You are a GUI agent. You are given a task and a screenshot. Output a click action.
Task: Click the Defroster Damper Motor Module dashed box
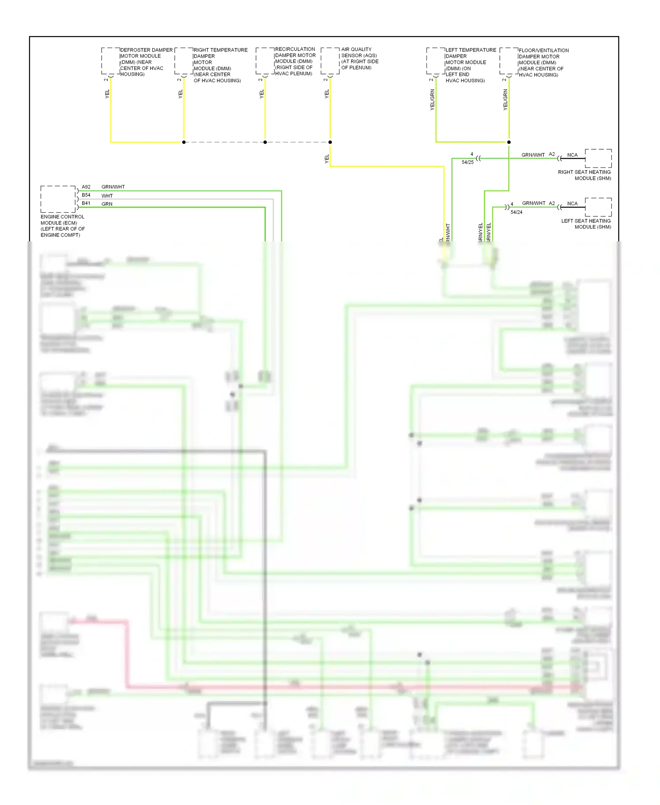[110, 61]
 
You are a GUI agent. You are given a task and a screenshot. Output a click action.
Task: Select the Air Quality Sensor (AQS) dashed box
[330, 61]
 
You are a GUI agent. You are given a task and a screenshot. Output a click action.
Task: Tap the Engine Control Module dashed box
[58, 199]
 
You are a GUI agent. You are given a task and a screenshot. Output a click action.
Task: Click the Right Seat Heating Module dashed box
[598, 159]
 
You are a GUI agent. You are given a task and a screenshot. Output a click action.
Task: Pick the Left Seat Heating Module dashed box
[598, 207]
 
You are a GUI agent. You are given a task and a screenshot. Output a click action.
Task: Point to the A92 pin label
[86, 187]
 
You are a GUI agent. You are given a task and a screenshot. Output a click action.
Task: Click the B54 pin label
[86, 195]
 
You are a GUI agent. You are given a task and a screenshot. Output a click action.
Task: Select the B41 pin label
[86, 203]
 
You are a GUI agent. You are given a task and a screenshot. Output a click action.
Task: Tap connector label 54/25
[468, 162]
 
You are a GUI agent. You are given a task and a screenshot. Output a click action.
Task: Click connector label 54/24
[517, 212]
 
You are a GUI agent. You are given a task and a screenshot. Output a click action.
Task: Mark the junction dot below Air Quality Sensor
[330, 142]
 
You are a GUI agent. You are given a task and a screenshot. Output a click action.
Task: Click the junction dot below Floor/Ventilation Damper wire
[509, 142]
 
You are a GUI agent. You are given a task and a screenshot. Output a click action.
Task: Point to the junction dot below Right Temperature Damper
[184, 142]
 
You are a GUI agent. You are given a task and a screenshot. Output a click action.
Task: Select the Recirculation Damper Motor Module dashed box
[265, 61]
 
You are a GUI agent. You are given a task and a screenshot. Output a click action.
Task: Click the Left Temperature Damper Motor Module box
[436, 61]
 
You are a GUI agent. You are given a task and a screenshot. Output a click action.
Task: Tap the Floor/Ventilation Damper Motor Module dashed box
[509, 61]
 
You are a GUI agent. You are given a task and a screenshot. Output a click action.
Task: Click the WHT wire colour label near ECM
[107, 196]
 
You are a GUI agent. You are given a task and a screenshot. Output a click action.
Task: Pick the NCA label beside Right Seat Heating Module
[572, 155]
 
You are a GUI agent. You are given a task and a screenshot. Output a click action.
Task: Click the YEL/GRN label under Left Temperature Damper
[432, 100]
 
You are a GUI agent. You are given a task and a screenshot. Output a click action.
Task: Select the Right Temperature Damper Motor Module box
[184, 61]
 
